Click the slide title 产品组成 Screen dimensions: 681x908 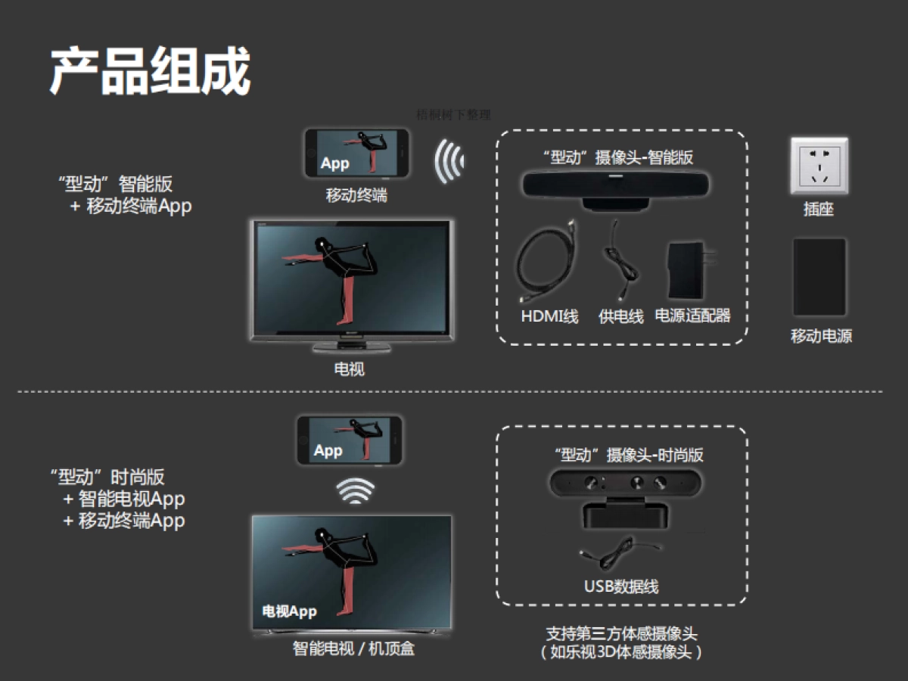(150, 72)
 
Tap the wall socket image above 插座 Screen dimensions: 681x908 (819, 166)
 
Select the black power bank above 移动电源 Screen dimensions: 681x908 (819, 277)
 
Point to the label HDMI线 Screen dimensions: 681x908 (549, 316)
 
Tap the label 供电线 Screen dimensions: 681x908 (620, 317)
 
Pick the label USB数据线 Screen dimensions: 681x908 (621, 586)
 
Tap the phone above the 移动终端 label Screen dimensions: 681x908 (356, 154)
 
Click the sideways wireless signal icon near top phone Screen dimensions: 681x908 (449, 160)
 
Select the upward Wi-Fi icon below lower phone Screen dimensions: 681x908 (356, 491)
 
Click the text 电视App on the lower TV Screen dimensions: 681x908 (289, 611)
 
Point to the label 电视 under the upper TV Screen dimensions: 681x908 (349, 369)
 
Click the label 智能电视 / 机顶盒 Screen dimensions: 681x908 (353, 648)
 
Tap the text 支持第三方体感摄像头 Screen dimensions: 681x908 (621, 633)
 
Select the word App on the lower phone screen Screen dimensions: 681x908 (328, 451)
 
